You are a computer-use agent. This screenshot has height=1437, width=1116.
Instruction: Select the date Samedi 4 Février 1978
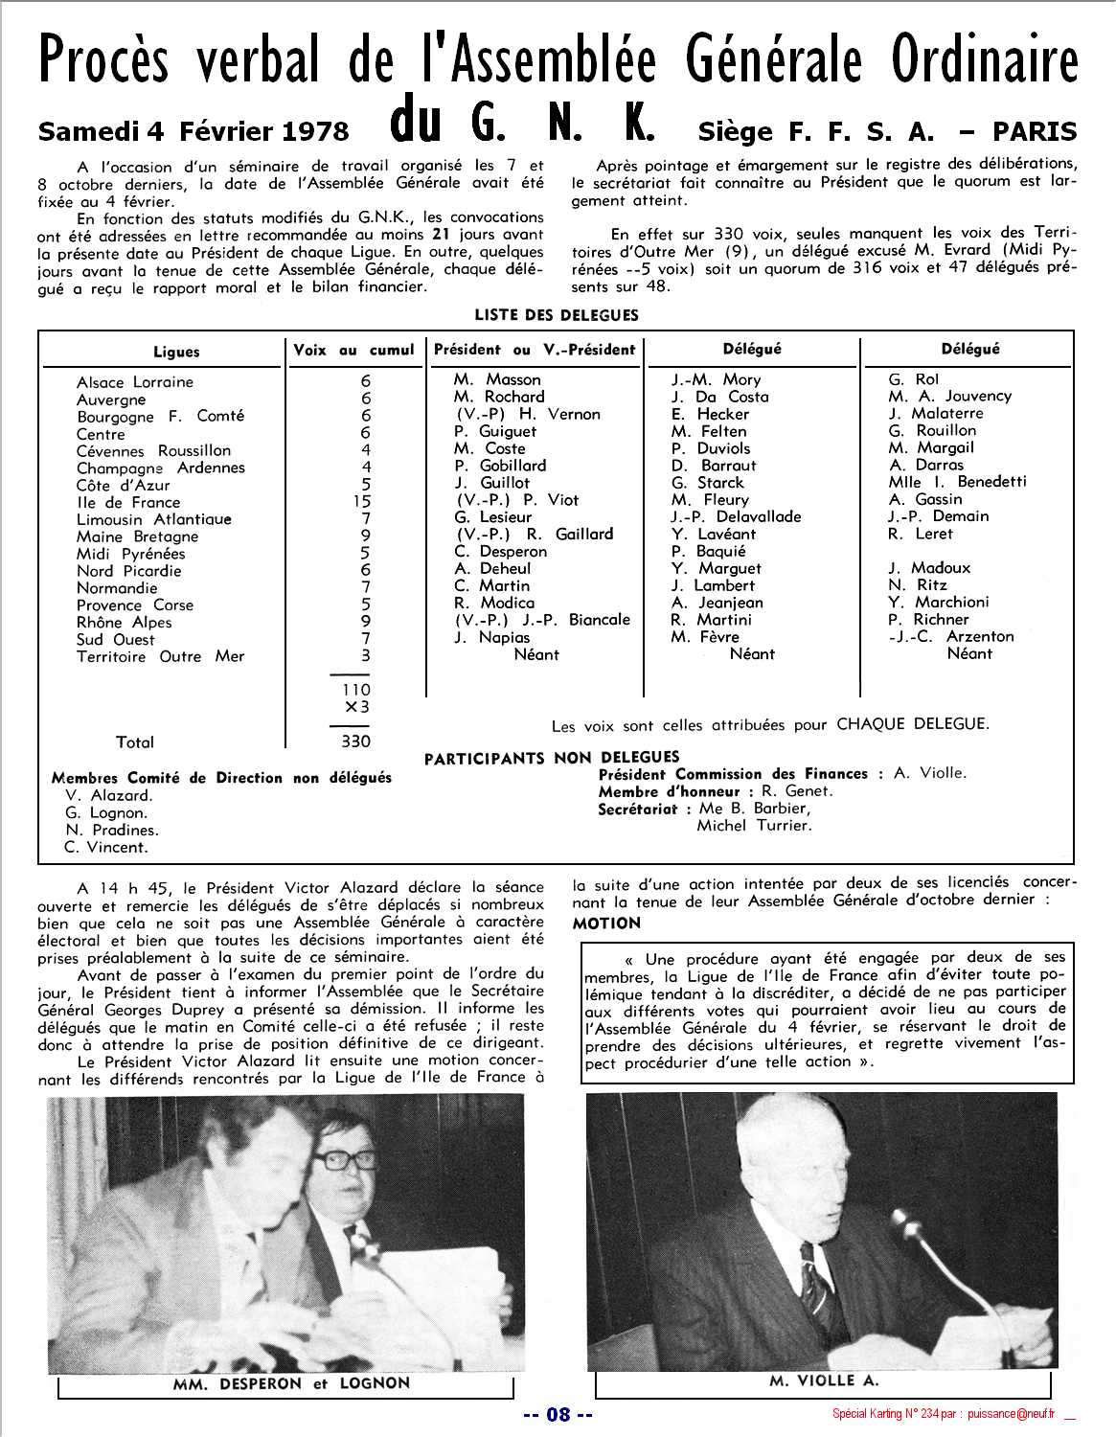point(194,131)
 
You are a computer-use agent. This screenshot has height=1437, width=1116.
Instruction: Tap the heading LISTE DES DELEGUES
point(556,315)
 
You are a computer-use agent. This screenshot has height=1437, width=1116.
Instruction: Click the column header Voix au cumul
point(353,351)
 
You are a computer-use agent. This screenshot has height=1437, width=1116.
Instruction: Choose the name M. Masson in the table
point(497,379)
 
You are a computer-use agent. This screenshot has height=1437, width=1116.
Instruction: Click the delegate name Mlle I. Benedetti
point(957,482)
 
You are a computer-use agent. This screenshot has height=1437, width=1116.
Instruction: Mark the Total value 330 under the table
point(355,741)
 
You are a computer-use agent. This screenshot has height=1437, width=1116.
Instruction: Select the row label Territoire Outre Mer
point(160,657)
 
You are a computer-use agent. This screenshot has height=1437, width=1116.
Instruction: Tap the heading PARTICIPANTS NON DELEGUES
point(552,758)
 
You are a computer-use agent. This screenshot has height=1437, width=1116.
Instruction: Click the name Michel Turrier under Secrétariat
point(754,826)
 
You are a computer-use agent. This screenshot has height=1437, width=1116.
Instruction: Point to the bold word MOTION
point(606,924)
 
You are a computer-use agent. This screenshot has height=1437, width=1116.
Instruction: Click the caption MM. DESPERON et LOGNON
point(291,1383)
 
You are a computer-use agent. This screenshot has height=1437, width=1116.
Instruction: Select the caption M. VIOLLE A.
point(824,1380)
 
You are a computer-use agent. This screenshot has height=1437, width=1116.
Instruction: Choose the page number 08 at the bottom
point(558,1414)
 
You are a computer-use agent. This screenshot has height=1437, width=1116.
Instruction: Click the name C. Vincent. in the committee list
point(106,848)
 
